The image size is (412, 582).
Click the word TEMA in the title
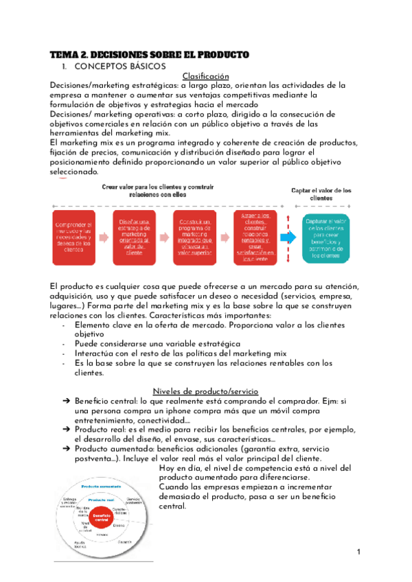click(x=66, y=54)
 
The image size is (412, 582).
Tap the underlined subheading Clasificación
click(x=205, y=76)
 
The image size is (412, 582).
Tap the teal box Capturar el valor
click(x=327, y=237)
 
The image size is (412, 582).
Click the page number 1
click(x=358, y=553)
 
